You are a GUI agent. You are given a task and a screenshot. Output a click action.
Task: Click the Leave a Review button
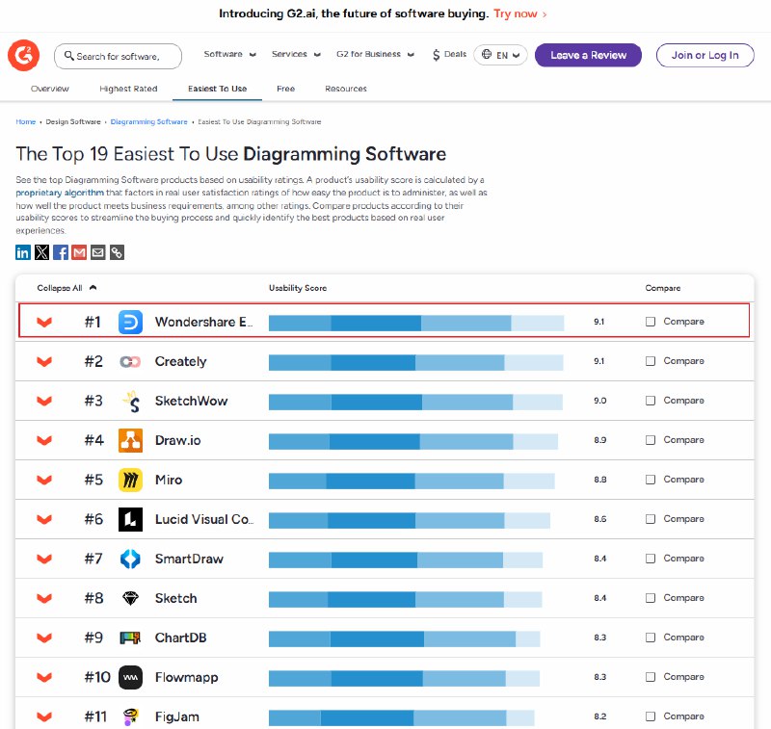(588, 55)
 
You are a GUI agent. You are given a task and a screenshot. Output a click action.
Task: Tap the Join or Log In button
(705, 55)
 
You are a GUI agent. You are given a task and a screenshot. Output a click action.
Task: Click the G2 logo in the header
(23, 55)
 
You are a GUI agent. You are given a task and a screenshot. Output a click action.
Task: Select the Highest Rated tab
(128, 89)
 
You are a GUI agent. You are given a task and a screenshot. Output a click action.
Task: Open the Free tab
(285, 89)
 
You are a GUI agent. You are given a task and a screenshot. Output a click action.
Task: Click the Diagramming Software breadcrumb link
(149, 122)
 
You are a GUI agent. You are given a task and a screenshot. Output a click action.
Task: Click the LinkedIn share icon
(22, 252)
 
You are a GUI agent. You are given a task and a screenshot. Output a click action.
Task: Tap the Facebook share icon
(61, 252)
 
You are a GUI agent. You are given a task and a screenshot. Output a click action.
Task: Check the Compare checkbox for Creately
(650, 361)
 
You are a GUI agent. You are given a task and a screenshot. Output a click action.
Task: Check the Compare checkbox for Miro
(650, 480)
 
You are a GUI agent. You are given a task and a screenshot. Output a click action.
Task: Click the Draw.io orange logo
(130, 440)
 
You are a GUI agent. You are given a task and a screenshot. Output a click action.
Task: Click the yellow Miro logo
(130, 480)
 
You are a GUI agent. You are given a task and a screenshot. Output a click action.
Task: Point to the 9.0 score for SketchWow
(599, 401)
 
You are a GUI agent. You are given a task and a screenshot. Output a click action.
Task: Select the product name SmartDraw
(189, 559)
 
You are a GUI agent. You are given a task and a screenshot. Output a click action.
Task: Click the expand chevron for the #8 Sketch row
(44, 598)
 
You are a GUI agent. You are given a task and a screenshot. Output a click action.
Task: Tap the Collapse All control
(66, 288)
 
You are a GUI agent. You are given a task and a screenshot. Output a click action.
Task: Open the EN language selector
(500, 55)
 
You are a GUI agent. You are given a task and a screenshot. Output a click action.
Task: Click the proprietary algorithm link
(60, 193)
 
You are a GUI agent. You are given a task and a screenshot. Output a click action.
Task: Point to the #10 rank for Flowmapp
(97, 677)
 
